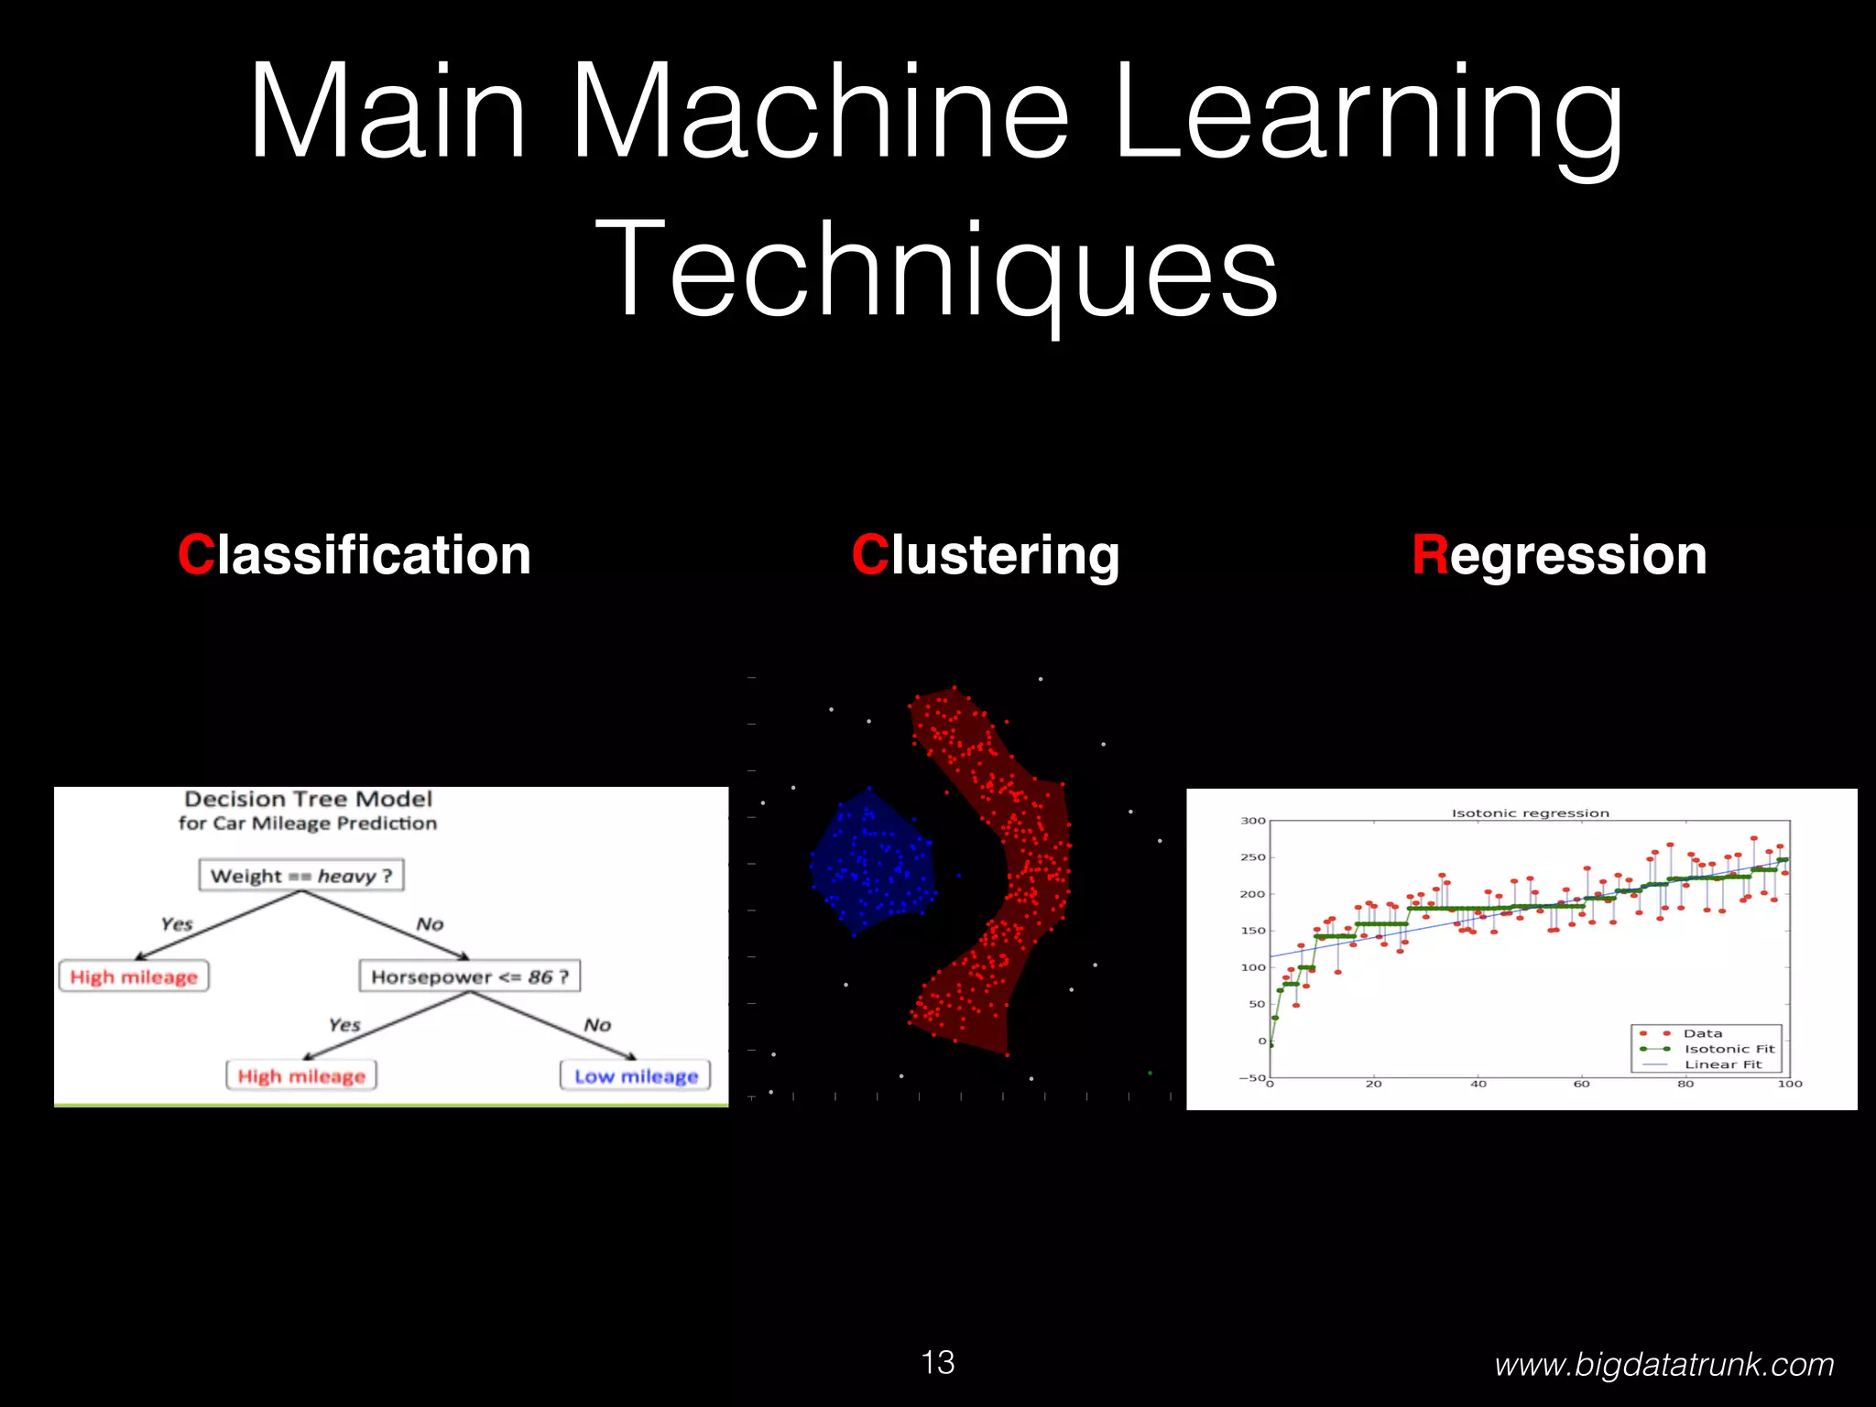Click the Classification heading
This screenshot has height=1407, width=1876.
pyautogui.click(x=354, y=555)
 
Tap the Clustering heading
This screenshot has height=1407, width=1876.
pyautogui.click(x=985, y=555)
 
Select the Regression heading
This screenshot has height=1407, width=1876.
pyautogui.click(x=1559, y=555)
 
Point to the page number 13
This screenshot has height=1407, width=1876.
pyautogui.click(x=937, y=1362)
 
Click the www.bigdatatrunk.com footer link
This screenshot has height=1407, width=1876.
pyautogui.click(x=1663, y=1365)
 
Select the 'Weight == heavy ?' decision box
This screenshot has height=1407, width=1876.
pyautogui.click(x=301, y=876)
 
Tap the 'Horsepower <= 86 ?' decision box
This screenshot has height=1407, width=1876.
pyautogui.click(x=469, y=976)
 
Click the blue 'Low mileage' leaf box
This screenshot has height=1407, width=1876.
pyautogui.click(x=636, y=1075)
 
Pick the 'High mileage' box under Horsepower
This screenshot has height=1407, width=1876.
pyautogui.click(x=301, y=1075)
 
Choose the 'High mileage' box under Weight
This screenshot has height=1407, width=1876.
pyautogui.click(x=134, y=976)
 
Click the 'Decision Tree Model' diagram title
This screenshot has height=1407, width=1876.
pyautogui.click(x=308, y=800)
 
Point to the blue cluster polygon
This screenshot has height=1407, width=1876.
pyautogui.click(x=870, y=861)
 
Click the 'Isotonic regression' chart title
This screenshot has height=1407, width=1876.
pyautogui.click(x=1530, y=813)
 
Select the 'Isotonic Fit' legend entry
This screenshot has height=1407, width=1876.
pyautogui.click(x=1729, y=1049)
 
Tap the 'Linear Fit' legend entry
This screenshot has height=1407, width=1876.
pyautogui.click(x=1723, y=1064)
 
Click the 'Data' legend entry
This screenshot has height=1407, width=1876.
pyautogui.click(x=1702, y=1033)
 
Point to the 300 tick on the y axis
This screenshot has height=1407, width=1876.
pyautogui.click(x=1252, y=821)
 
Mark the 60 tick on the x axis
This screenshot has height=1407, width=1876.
pyautogui.click(x=1582, y=1085)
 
